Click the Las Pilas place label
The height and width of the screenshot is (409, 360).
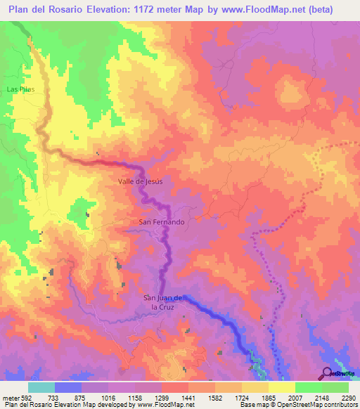click(x=20, y=90)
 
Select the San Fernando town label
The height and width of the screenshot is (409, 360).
click(x=162, y=222)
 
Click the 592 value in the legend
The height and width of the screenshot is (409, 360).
click(x=27, y=397)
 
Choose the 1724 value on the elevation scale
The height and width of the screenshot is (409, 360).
click(x=228, y=397)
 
